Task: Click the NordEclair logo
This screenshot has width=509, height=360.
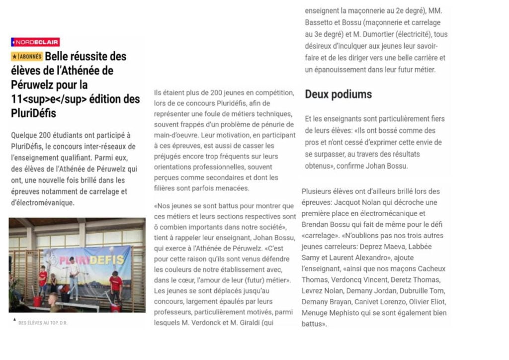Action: [x=35, y=42]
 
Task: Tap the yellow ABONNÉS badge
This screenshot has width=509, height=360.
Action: [x=27, y=57]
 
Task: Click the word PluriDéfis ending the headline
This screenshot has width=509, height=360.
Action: [x=33, y=113]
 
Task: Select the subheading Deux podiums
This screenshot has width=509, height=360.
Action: [x=338, y=94]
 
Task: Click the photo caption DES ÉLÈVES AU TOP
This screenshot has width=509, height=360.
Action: [x=43, y=323]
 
